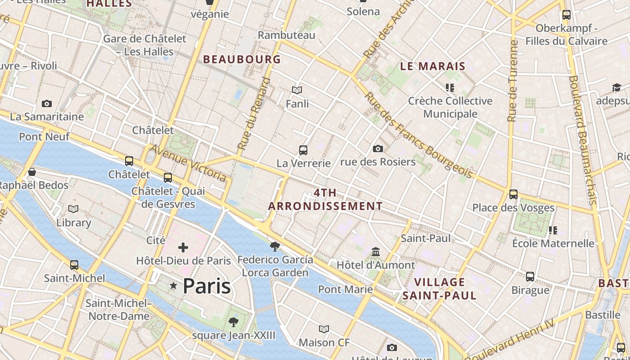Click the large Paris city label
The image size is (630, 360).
click(207, 286)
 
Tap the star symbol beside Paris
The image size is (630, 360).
click(173, 286)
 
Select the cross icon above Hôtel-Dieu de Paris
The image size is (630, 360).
click(183, 247)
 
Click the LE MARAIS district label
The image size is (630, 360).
click(432, 67)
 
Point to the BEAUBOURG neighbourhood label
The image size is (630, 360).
click(242, 59)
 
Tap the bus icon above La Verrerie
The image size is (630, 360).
click(303, 150)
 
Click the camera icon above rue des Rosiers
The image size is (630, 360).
click(378, 148)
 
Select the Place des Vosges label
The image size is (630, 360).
click(513, 208)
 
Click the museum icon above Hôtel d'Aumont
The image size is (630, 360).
click(376, 252)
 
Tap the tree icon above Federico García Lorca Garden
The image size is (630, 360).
click(275, 247)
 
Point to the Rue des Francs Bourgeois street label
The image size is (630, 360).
click(418, 135)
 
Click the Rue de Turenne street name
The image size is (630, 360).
click(513, 81)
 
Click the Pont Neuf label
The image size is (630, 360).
click(44, 137)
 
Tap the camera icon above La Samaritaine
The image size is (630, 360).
click(47, 104)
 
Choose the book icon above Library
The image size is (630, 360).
click(73, 209)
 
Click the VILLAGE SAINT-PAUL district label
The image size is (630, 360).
click(439, 289)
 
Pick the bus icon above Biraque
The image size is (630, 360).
click(530, 276)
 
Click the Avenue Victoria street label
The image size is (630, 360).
click(188, 163)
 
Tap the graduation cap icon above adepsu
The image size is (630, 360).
click(616, 87)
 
